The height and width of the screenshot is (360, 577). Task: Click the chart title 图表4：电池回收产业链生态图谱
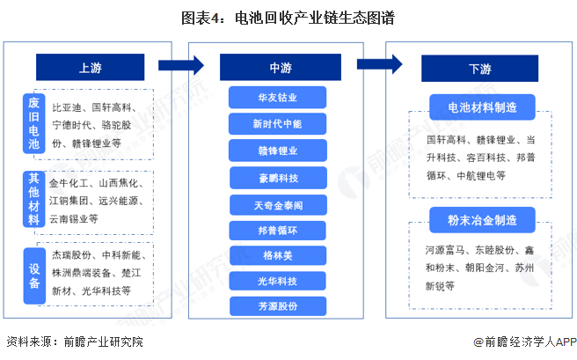[288, 18]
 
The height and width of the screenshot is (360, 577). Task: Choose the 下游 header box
[480, 68]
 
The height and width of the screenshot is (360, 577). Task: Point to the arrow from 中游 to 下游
[381, 65]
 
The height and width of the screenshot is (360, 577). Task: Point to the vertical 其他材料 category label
[33, 201]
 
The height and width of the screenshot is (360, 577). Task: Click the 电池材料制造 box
[482, 107]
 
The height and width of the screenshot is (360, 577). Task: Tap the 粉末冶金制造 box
[482, 219]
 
